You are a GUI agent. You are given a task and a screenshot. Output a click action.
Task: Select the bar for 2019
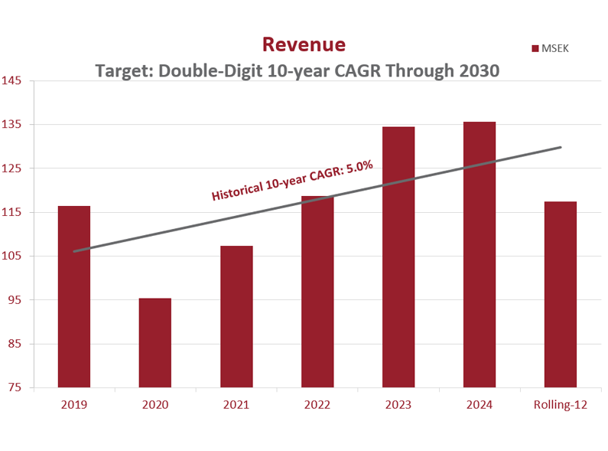tap(74, 296)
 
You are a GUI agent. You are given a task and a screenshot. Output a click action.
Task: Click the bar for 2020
tap(155, 342)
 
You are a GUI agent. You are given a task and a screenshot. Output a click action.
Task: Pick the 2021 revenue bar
tap(236, 316)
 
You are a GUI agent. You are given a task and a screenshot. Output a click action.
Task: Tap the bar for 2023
tap(398, 257)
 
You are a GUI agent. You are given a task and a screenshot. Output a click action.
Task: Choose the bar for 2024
tap(480, 254)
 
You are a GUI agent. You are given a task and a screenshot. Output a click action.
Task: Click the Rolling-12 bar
tap(561, 294)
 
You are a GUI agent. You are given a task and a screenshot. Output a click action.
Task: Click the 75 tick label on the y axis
tap(15, 387)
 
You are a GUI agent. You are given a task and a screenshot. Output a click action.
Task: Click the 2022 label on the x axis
tap(317, 404)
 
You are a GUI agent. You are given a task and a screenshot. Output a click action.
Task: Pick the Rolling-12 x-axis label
tap(561, 404)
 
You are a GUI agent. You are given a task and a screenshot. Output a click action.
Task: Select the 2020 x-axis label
tap(155, 404)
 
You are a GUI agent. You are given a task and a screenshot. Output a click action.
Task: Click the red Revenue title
tap(304, 44)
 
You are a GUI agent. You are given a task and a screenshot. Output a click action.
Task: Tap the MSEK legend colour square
tap(536, 49)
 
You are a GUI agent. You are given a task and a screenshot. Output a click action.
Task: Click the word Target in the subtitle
tap(122, 70)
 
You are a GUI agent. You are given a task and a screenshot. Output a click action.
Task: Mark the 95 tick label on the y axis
tap(15, 300)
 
